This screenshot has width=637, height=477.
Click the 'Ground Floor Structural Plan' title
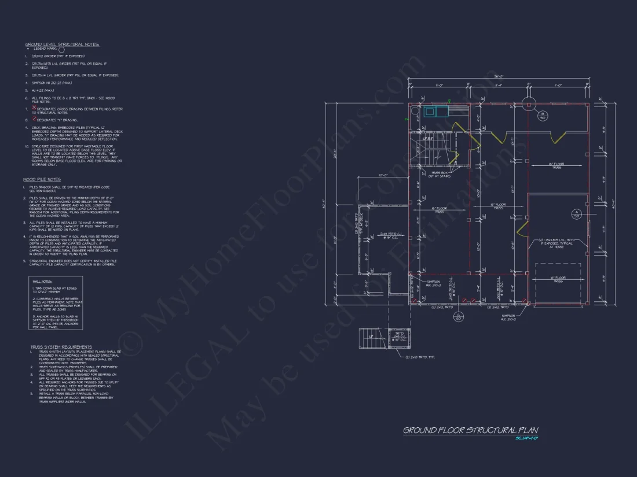click(x=470, y=430)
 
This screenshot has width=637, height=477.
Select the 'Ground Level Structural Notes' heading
click(x=62, y=44)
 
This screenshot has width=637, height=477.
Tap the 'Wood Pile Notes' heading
click(x=42, y=179)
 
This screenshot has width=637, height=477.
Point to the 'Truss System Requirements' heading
click(x=61, y=347)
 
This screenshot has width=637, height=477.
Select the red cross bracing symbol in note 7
click(x=34, y=108)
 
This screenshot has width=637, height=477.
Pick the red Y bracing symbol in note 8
click(x=34, y=120)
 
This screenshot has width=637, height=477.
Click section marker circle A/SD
click(x=576, y=213)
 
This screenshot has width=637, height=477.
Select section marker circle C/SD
click(x=459, y=316)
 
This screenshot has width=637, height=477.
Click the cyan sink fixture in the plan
click(x=430, y=112)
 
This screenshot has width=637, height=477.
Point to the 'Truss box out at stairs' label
click(x=441, y=175)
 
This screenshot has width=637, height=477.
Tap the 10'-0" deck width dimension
click(x=382, y=175)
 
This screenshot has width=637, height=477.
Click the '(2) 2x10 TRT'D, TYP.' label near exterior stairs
click(x=420, y=357)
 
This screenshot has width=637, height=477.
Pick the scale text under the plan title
click(x=527, y=438)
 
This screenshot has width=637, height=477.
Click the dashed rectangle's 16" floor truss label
click(x=558, y=279)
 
